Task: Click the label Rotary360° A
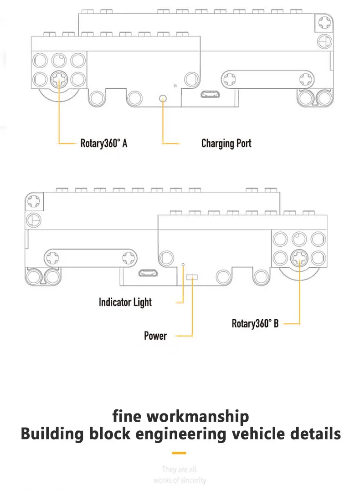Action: coord(103,143)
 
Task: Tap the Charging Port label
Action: coord(226,143)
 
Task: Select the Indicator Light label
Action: coord(125,302)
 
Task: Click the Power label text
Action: coord(155,336)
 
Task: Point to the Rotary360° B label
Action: coord(255,324)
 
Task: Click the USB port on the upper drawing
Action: coord(211,95)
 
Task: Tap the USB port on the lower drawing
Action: coord(148,274)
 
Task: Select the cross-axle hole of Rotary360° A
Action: coord(58,80)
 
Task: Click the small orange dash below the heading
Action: coord(180,453)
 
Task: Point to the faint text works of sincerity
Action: coord(180,480)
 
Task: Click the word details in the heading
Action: coord(316,434)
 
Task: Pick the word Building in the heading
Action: coord(51,434)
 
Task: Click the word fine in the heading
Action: coord(128,416)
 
